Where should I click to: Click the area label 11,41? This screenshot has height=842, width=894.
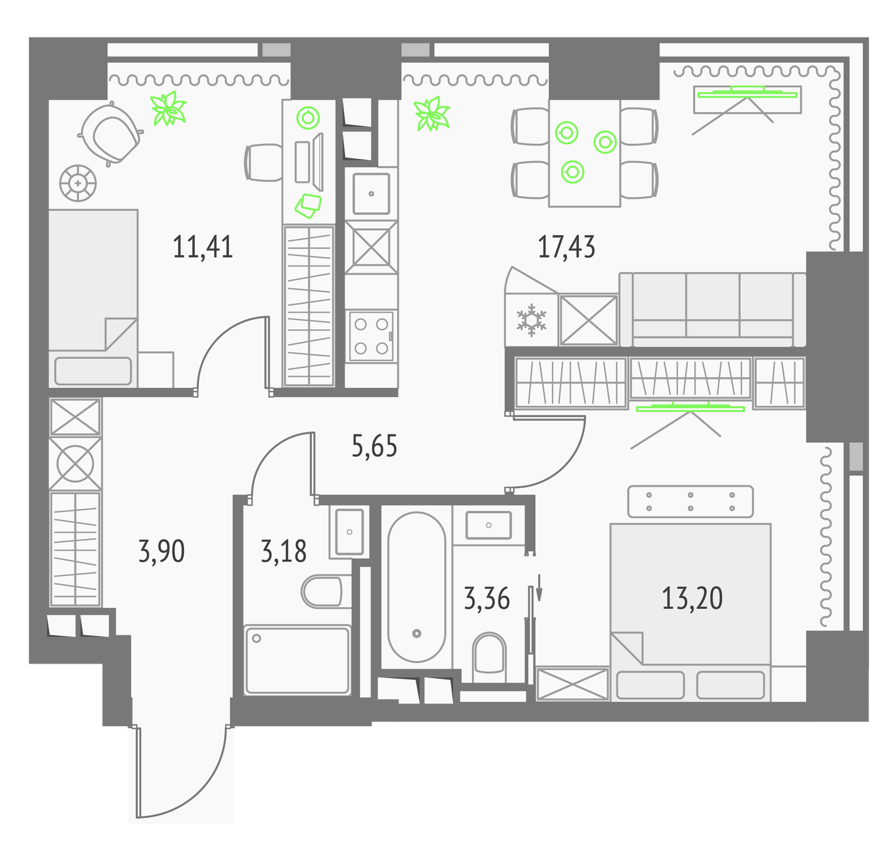[203, 247]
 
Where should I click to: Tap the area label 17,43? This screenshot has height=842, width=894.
[567, 247]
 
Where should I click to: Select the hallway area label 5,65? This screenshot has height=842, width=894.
[374, 446]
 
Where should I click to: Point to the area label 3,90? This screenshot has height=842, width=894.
[161, 551]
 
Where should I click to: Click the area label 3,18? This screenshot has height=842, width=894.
[284, 551]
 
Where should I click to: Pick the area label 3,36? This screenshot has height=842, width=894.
[487, 598]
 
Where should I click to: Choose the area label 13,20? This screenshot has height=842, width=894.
[692, 598]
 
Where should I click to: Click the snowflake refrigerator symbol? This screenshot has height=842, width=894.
[531, 320]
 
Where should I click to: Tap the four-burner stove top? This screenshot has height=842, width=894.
[372, 335]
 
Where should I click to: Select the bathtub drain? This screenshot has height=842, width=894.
[416, 633]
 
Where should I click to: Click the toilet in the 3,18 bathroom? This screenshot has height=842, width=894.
[322, 592]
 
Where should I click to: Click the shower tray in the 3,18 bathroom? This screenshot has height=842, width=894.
[298, 660]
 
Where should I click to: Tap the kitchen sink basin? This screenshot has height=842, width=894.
[372, 193]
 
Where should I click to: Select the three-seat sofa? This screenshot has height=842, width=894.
[712, 309]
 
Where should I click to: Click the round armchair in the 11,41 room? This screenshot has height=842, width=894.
[110, 134]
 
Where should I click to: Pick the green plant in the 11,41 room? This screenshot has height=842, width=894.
[169, 108]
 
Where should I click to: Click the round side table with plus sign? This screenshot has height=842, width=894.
[78, 183]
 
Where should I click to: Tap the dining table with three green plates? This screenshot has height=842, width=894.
[584, 153]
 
